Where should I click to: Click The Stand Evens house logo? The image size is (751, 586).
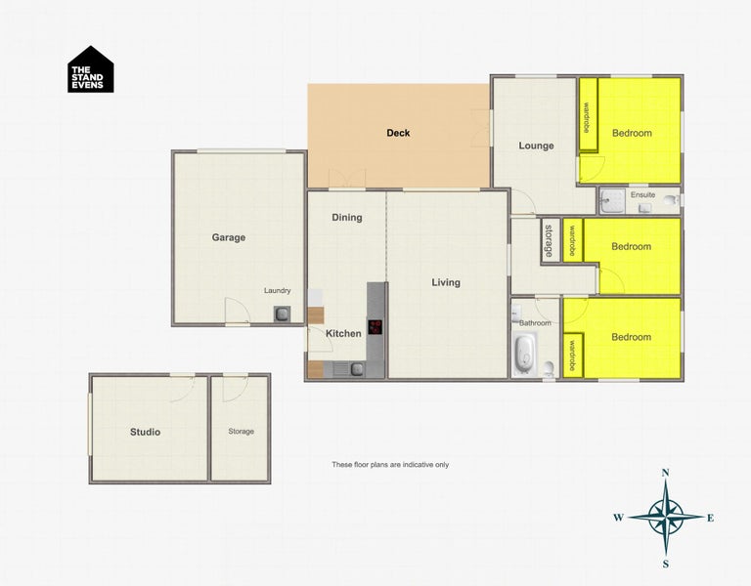click(90, 70)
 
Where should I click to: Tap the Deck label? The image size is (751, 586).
click(398, 133)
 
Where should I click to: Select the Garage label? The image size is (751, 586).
click(229, 237)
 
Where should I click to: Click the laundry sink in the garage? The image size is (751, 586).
click(283, 314)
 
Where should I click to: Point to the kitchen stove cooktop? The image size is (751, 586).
click(375, 327)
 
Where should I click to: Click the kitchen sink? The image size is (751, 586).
click(357, 368)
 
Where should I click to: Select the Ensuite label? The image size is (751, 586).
click(643, 195)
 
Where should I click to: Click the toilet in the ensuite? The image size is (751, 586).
click(670, 202)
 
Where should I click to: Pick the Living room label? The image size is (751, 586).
click(446, 283)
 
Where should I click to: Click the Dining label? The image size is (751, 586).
click(347, 218)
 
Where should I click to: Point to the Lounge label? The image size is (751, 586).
click(536, 146)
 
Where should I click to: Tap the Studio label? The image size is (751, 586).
click(145, 432)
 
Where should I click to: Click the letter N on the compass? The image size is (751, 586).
click(665, 473)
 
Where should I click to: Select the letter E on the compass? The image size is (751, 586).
click(710, 518)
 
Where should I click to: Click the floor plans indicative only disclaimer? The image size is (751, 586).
click(389, 465)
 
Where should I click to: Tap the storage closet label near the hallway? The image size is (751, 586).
click(549, 241)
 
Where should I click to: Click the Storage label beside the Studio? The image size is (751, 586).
click(241, 432)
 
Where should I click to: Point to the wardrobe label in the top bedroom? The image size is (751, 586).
click(587, 117)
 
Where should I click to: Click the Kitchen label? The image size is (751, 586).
click(343, 334)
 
